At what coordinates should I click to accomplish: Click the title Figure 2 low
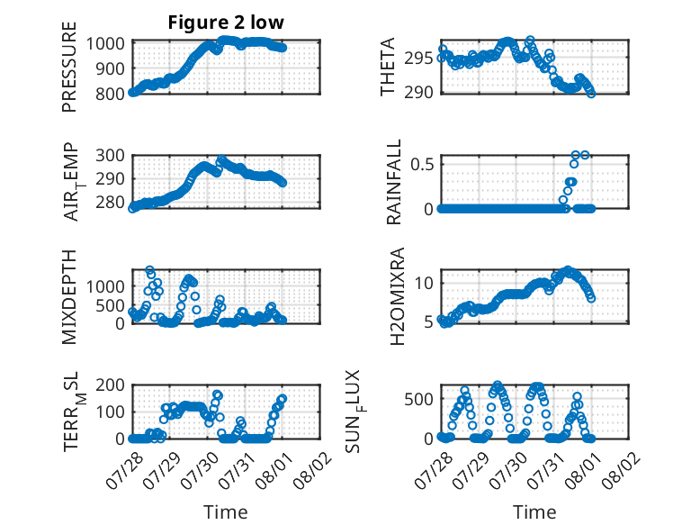tap(226, 23)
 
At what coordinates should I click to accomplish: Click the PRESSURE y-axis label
tap(69, 67)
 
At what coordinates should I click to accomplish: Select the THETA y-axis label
tap(388, 67)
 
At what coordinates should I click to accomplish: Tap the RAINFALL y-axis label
tap(394, 182)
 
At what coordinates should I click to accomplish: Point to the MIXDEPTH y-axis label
tap(69, 297)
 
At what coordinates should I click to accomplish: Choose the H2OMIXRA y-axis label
tap(397, 296)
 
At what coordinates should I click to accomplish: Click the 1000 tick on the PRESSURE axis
tap(105, 44)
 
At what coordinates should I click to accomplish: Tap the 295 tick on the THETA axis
tap(418, 59)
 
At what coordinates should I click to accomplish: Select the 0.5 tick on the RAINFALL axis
tap(422, 164)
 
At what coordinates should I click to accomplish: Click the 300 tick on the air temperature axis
tap(110, 156)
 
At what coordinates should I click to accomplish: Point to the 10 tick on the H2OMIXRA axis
tap(424, 283)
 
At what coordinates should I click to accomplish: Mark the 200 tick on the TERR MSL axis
tap(110, 385)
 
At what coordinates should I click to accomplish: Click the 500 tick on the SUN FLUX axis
tap(418, 399)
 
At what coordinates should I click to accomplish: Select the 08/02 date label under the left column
tap(313, 470)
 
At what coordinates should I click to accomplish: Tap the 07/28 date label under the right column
tap(434, 470)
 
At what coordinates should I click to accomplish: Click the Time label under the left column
tap(226, 511)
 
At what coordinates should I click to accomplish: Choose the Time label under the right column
tap(534, 511)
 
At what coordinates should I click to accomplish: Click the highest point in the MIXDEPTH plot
tap(150, 270)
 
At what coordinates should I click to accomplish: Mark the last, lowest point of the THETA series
tap(591, 94)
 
